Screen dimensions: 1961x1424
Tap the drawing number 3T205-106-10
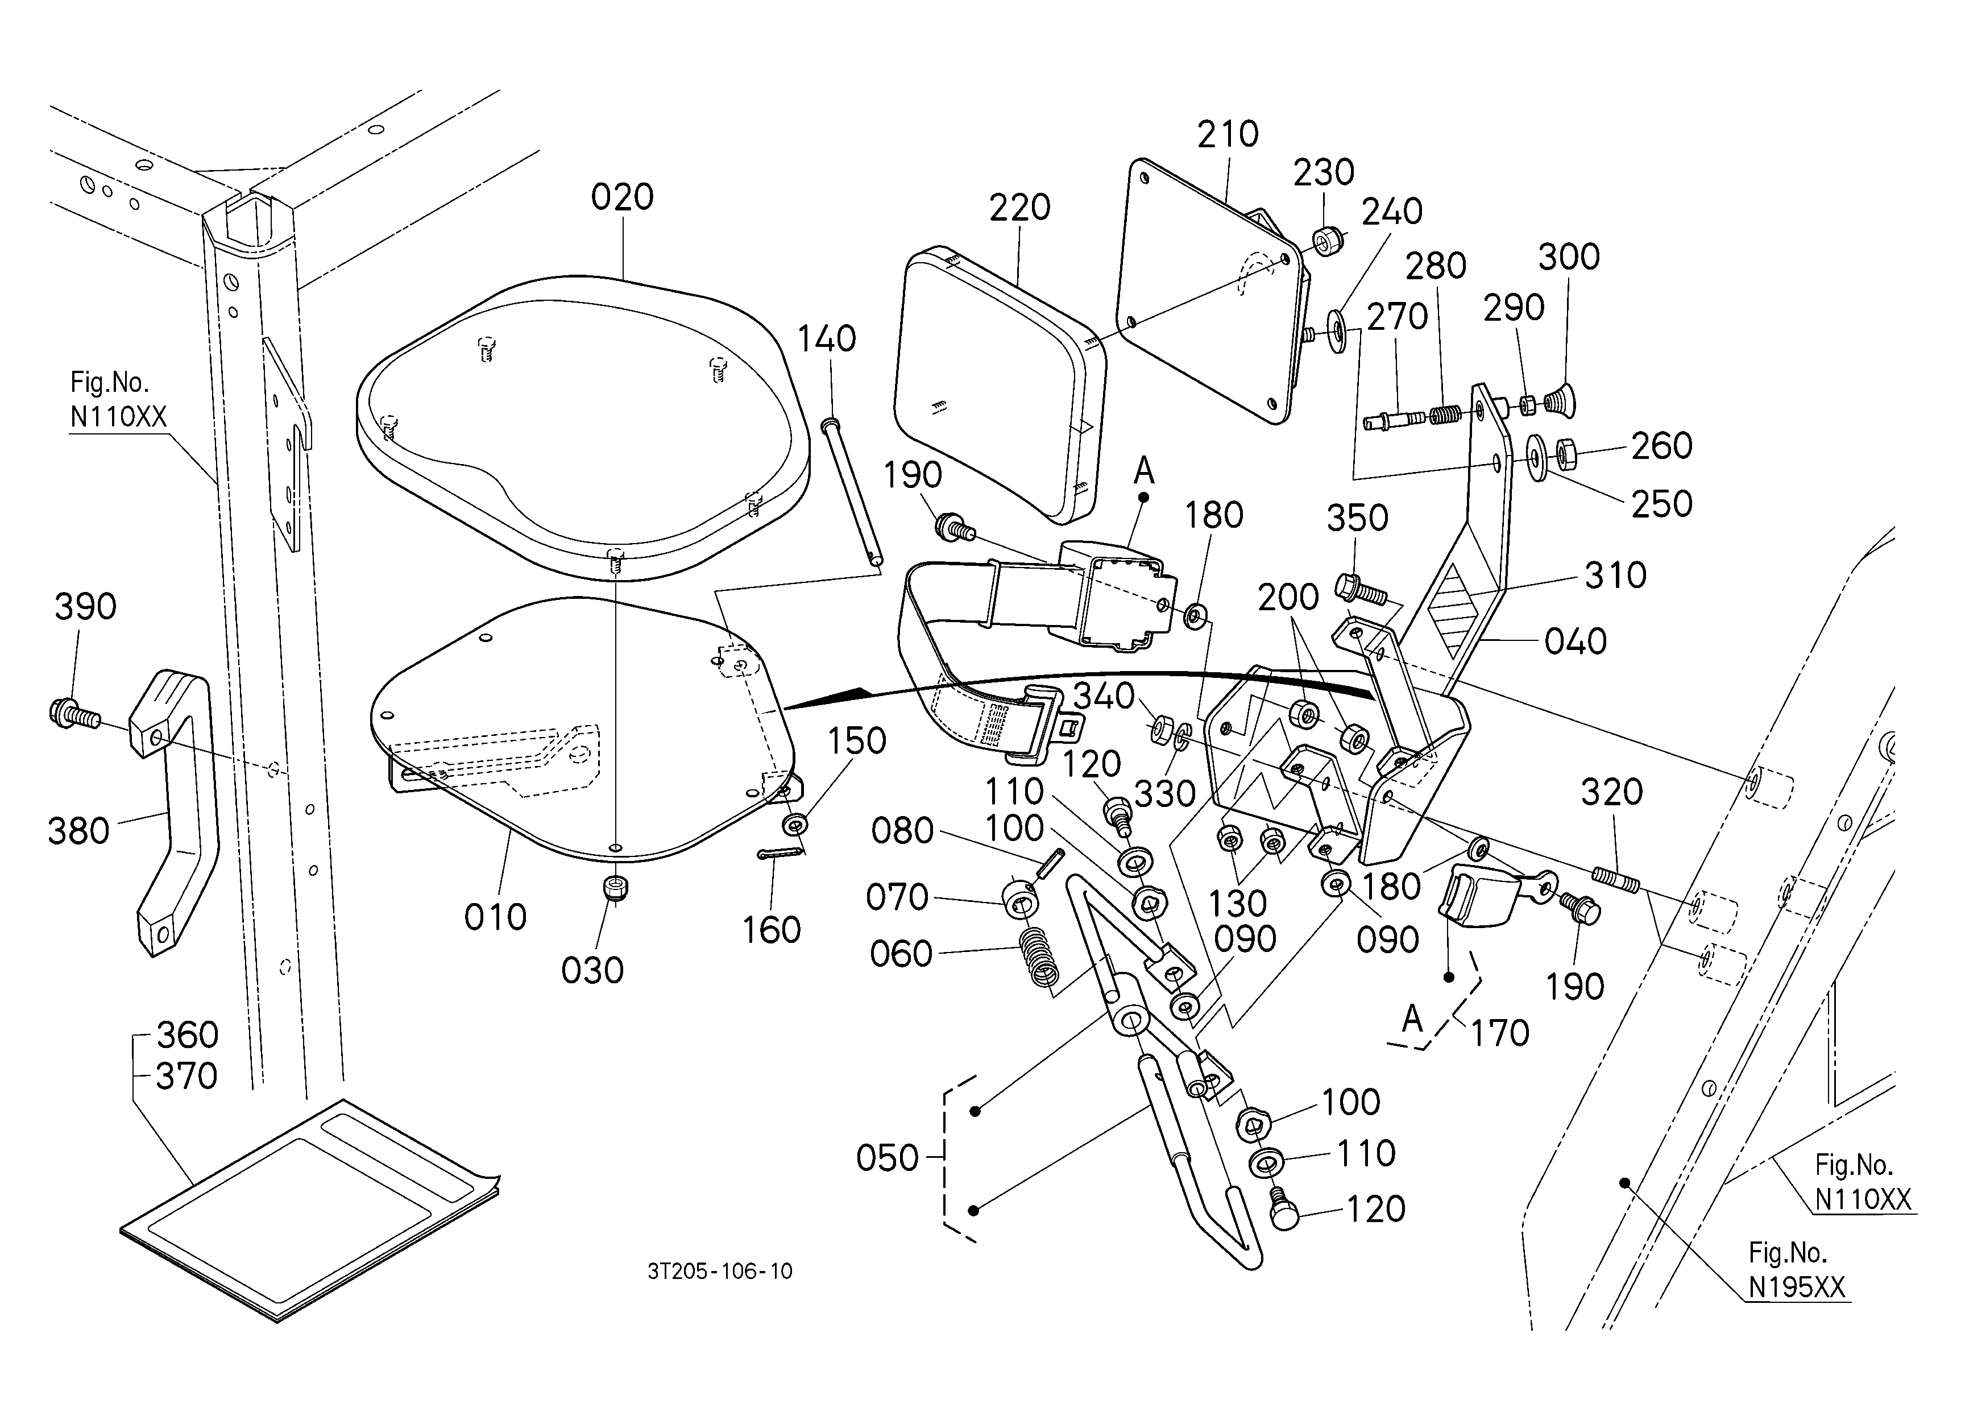point(719,1271)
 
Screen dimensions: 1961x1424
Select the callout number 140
point(827,339)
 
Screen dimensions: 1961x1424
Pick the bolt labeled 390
point(73,714)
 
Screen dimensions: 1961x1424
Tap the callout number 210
point(1228,134)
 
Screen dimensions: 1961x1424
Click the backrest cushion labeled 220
point(1000,386)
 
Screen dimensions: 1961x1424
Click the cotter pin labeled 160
point(781,854)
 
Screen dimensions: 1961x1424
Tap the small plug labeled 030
point(615,889)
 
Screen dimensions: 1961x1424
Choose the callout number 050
point(887,1158)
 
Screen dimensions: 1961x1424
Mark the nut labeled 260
point(1566,453)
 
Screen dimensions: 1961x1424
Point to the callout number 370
point(186,1077)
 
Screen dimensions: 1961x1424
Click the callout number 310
point(1615,575)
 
